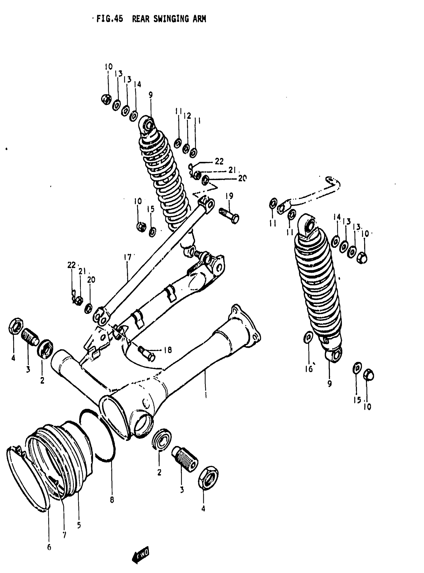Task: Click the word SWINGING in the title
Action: pyautogui.click(x=172, y=19)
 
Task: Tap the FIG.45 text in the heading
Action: pyautogui.click(x=109, y=19)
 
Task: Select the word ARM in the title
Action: pyautogui.click(x=200, y=19)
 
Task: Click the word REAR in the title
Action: pyautogui.click(x=141, y=19)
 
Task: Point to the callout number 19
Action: pyautogui.click(x=229, y=196)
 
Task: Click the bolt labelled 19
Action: pyautogui.click(x=229, y=216)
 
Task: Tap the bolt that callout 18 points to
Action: pyautogui.click(x=146, y=353)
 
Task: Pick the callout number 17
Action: pyautogui.click(x=127, y=257)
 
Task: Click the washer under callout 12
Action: pyautogui.click(x=186, y=149)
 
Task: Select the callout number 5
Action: pyautogui.click(x=79, y=525)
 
